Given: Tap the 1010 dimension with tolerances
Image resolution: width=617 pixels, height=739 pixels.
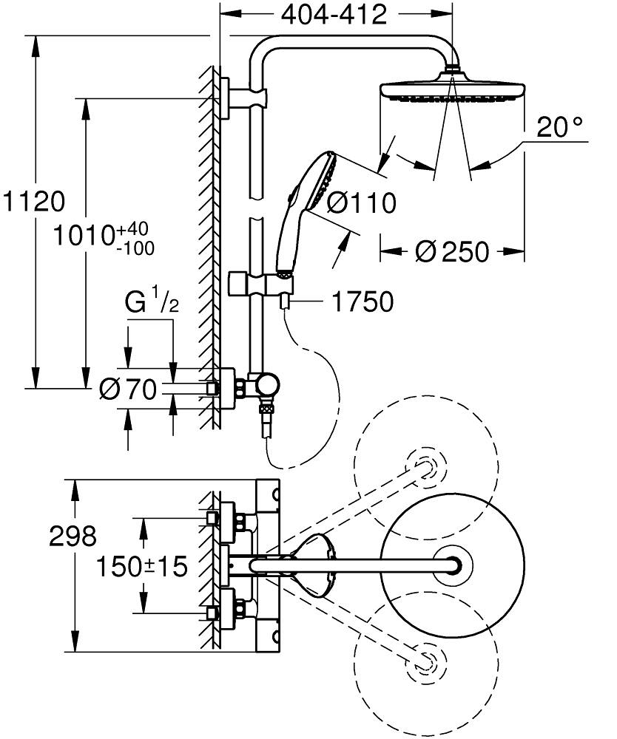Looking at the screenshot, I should pos(104,237).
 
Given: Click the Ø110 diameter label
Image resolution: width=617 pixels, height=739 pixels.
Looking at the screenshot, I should pos(362,202).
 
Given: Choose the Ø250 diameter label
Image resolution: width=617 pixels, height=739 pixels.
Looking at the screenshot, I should pos(452,252).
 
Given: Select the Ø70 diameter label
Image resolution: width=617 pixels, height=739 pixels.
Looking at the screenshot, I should pos(128,389).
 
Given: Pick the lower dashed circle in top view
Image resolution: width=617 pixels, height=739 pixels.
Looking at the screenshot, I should pos(425,658).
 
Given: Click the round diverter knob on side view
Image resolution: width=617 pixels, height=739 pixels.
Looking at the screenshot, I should pos(268,384).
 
